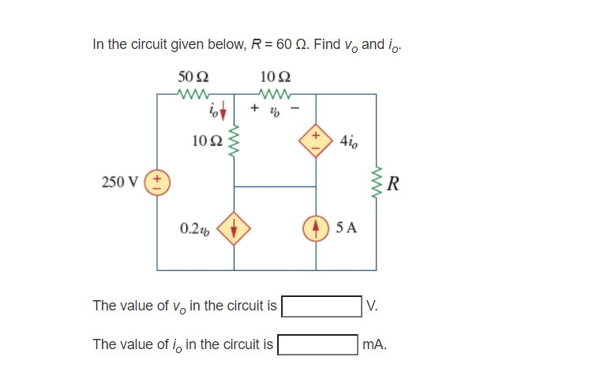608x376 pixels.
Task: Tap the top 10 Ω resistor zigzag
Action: [274, 94]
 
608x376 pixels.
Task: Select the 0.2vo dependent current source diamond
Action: [234, 229]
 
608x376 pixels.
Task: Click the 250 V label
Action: [118, 182]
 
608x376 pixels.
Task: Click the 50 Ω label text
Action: [193, 77]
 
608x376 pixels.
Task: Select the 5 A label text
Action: [346, 229]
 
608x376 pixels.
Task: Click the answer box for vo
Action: [322, 306]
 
